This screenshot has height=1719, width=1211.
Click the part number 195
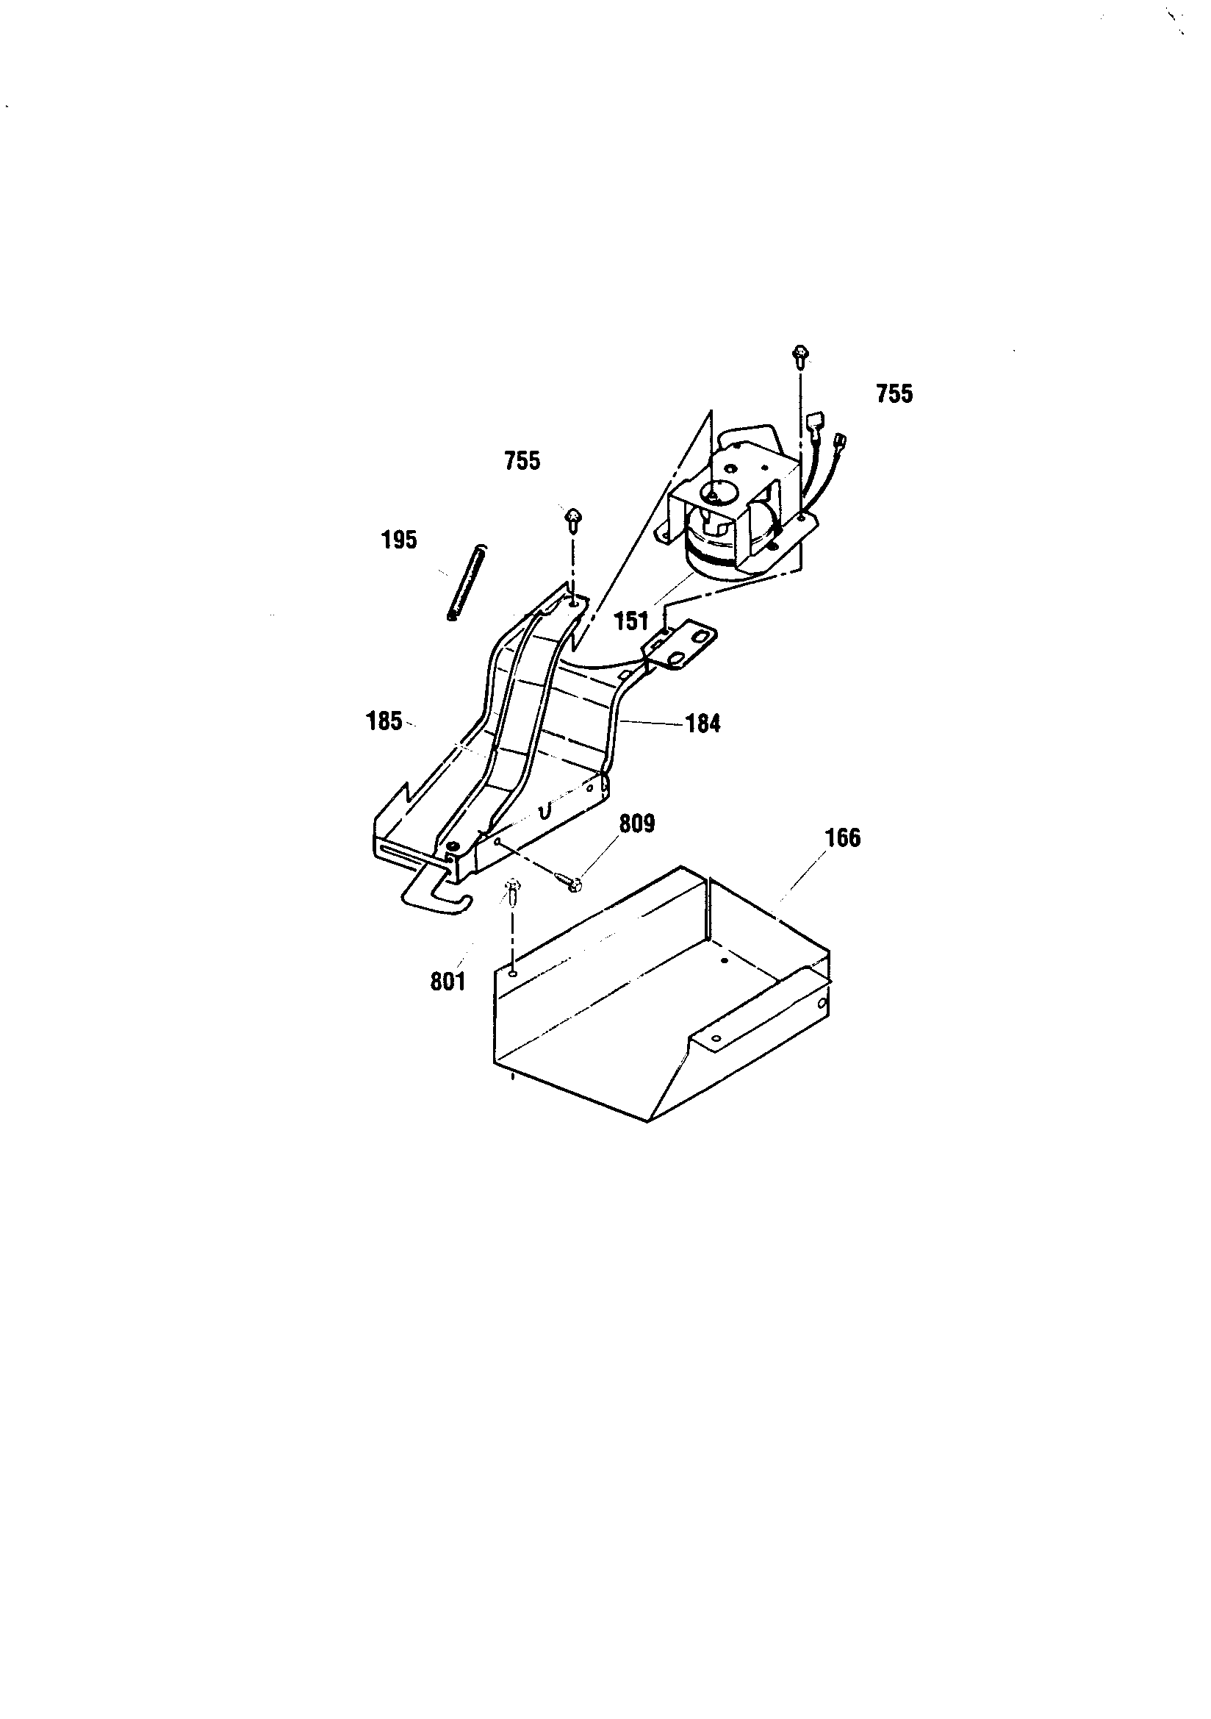pos(399,540)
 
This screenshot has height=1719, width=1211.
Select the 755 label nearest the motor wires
pos(894,394)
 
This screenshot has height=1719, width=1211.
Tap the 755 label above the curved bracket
pos(522,461)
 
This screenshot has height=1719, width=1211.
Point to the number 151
pos(631,621)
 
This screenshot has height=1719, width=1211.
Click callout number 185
pos(384,722)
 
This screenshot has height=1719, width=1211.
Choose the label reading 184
pos(702,724)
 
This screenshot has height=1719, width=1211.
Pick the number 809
pos(637,824)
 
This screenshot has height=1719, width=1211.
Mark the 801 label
pos(448,982)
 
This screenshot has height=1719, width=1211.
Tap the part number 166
pos(843,837)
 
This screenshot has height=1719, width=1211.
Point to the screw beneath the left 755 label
pos(572,518)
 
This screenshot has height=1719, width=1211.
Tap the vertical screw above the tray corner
pos(513,891)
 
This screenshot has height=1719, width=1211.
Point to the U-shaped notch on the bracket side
pos(546,810)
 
